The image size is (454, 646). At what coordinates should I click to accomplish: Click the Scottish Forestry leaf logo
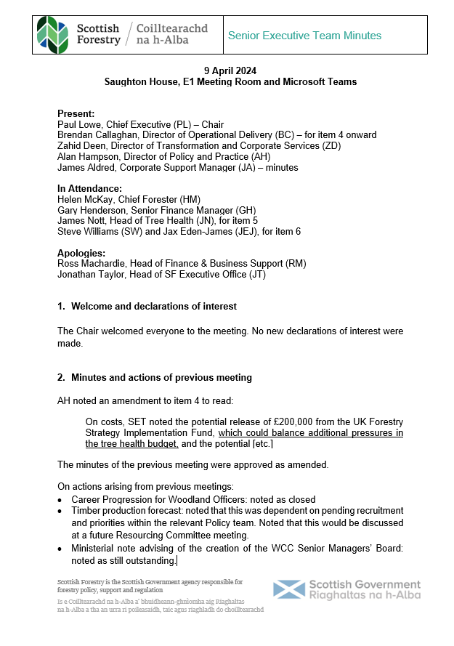pyautogui.click(x=53, y=36)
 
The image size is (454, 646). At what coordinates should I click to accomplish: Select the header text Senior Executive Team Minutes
pyautogui.click(x=304, y=36)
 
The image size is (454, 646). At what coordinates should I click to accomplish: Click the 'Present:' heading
pyautogui.click(x=76, y=114)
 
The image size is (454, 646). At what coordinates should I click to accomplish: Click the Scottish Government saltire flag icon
pyautogui.click(x=288, y=590)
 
